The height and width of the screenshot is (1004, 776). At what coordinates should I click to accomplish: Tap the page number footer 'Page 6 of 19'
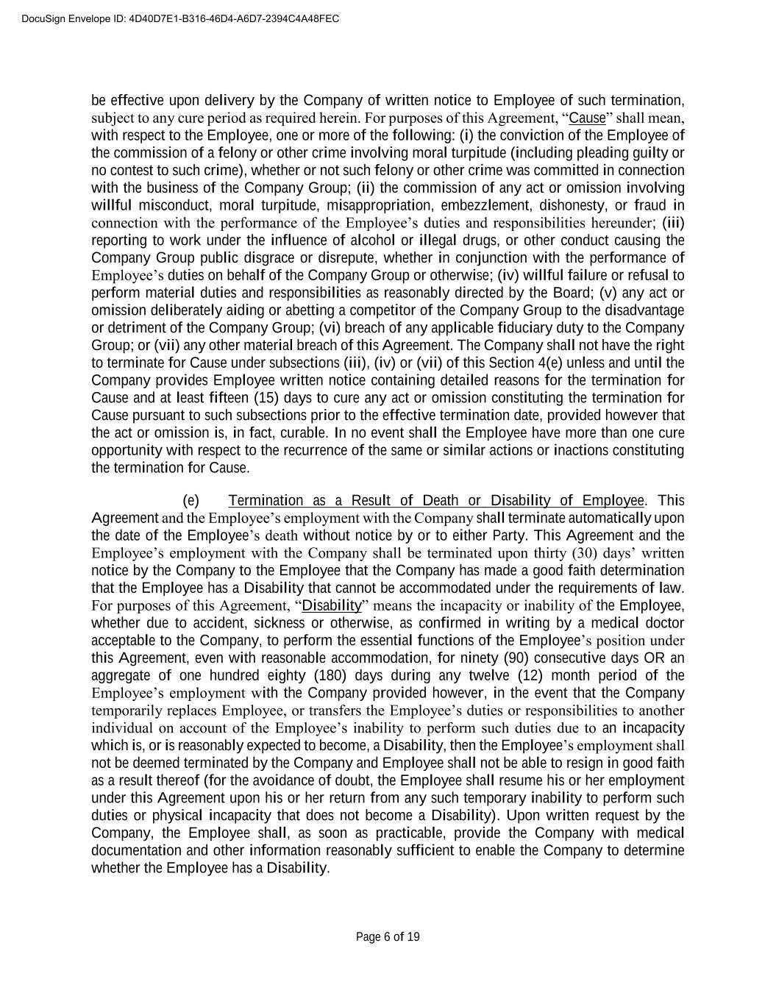tap(388, 937)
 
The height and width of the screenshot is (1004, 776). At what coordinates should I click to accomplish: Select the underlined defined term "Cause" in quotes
tap(587, 118)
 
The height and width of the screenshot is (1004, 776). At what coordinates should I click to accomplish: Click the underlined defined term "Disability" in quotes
tap(332, 605)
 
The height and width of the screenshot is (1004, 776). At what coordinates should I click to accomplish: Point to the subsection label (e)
tap(191, 501)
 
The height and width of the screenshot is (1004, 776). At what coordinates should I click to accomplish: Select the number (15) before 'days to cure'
tap(266, 398)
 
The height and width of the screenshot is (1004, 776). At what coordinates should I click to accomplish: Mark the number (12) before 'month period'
tap(525, 675)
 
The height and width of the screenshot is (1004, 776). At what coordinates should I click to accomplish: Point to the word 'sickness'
tap(280, 623)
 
